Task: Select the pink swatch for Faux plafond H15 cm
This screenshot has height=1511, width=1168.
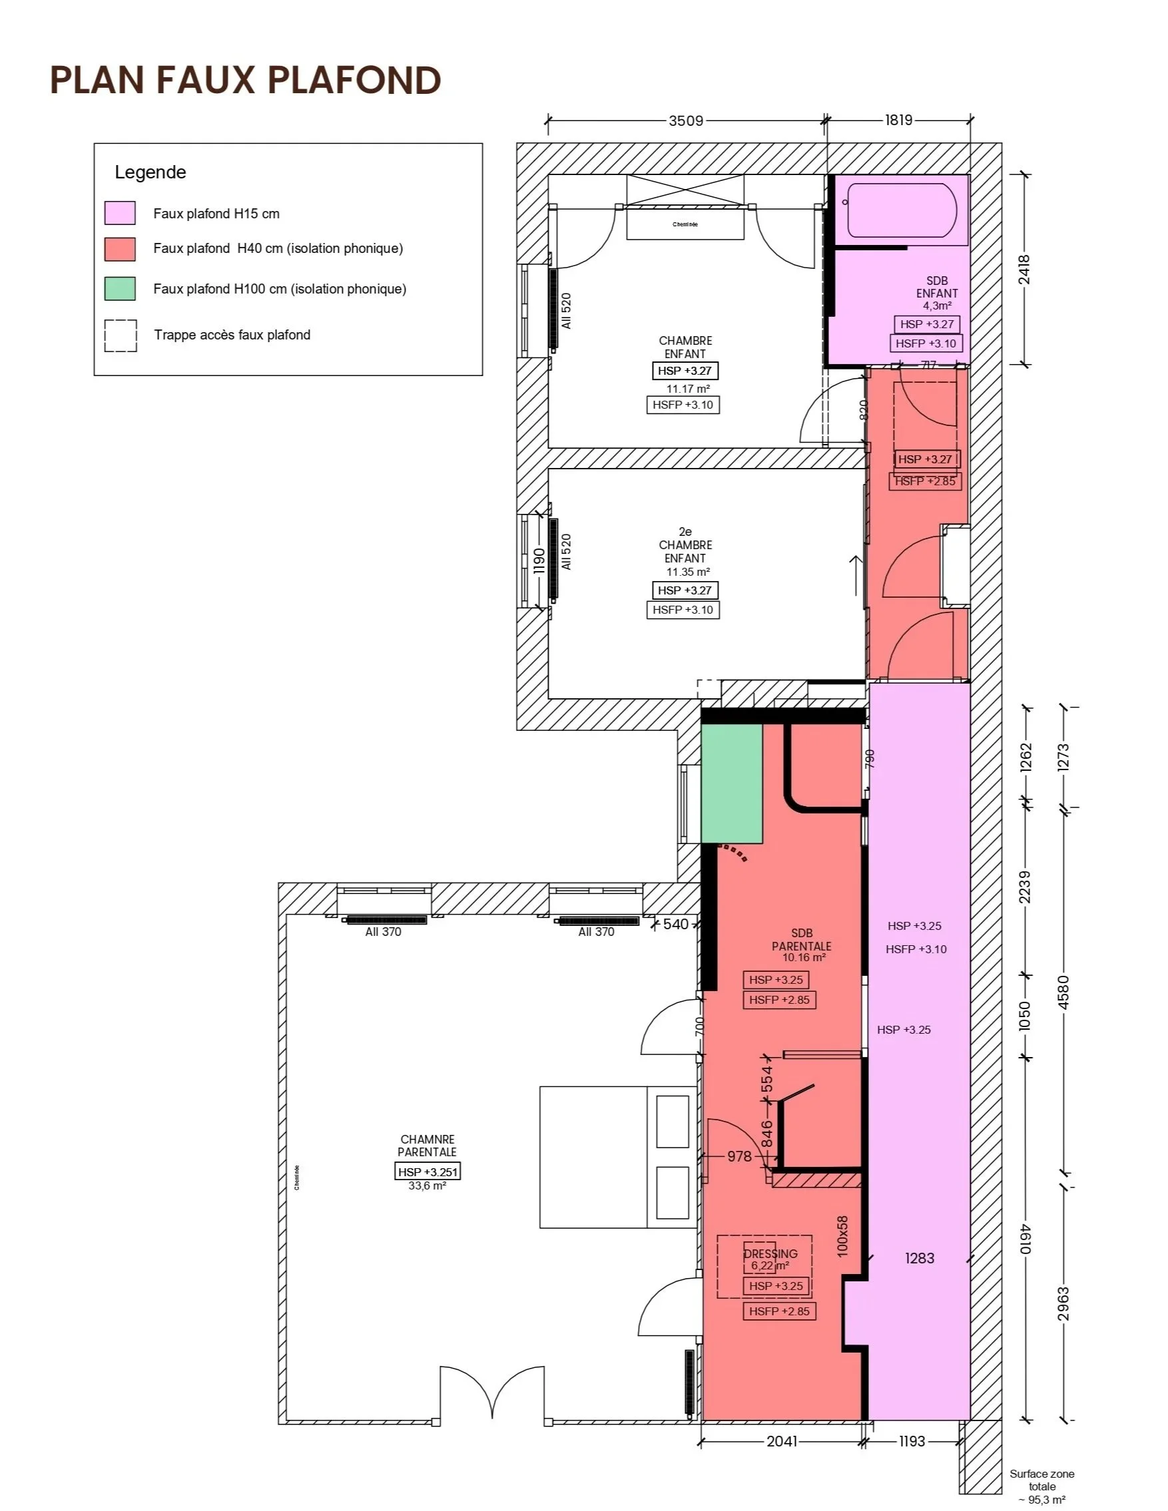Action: pos(120,213)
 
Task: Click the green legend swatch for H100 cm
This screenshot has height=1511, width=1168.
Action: pos(120,288)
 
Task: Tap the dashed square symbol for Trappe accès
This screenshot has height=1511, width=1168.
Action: pos(121,335)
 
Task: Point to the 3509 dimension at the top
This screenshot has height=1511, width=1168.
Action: pos(685,120)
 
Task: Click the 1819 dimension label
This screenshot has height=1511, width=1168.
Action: pos(898,120)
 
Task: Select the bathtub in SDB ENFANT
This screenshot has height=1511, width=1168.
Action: pos(902,210)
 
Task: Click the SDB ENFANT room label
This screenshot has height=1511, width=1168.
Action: pos(937,286)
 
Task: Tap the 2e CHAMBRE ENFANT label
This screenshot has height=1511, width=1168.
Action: pos(685,544)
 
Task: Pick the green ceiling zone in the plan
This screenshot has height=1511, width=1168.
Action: pos(731,783)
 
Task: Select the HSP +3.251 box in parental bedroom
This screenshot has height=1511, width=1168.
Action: pos(427,1172)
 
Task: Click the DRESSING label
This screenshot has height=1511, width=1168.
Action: pos(770,1253)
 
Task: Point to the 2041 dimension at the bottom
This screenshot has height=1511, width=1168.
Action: pos(781,1440)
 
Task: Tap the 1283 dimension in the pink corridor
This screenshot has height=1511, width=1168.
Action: pos(920,1259)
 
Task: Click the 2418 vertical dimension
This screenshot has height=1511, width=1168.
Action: pos(1025,270)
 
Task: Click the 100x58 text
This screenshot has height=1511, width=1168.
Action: pos(842,1236)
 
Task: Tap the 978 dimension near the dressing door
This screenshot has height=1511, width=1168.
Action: pos(739,1156)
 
